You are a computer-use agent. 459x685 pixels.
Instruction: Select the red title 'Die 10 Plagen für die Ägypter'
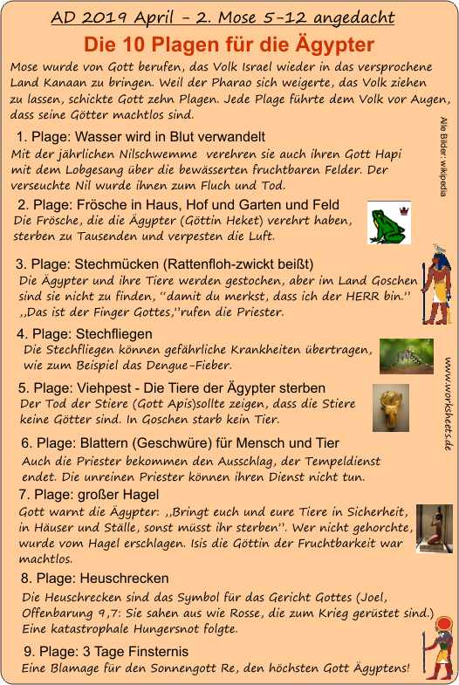coord(229,45)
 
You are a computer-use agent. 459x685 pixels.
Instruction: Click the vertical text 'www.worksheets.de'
coord(447,404)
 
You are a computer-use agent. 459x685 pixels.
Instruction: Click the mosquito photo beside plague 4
coord(406,355)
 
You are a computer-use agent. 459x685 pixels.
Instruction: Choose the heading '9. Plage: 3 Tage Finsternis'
coord(106,651)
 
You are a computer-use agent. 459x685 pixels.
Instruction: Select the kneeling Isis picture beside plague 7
coord(434,529)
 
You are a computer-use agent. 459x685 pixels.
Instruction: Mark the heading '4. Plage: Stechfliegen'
coord(85,333)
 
